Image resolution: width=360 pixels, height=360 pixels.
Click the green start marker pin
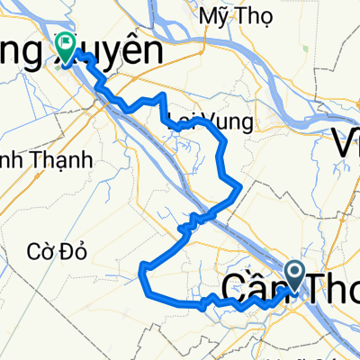65,43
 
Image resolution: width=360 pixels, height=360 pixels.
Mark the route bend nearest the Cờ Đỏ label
142,266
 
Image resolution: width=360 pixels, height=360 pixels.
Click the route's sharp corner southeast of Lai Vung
239,185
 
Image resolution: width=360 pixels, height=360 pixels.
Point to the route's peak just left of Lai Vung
162,94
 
